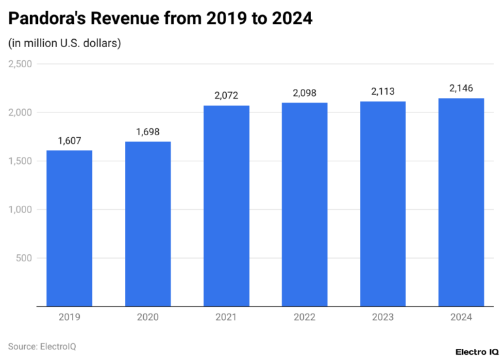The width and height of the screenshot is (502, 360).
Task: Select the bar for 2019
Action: tap(69, 228)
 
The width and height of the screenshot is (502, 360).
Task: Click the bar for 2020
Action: tap(148, 223)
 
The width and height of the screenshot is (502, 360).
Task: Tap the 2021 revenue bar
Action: tap(226, 205)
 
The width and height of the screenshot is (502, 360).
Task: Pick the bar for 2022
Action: tap(305, 204)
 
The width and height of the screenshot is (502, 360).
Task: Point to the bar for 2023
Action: tap(383, 203)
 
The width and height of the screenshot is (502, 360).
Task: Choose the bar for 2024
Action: tap(461, 202)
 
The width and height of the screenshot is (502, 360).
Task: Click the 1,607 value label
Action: tap(69, 140)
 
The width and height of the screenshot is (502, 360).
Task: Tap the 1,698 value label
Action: tap(148, 132)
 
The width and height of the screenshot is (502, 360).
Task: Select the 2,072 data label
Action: tap(226, 95)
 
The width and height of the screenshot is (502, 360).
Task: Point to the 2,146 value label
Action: tap(461, 88)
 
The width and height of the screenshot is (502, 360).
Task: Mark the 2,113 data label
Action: tap(383, 91)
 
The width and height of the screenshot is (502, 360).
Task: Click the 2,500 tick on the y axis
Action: tap(20, 64)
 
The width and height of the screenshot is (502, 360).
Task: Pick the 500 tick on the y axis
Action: tap(25, 257)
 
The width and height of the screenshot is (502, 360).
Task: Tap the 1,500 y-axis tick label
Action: tap(20, 161)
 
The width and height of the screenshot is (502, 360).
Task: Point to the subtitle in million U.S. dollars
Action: tap(64, 43)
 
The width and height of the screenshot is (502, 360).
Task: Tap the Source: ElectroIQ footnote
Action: tap(42, 346)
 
